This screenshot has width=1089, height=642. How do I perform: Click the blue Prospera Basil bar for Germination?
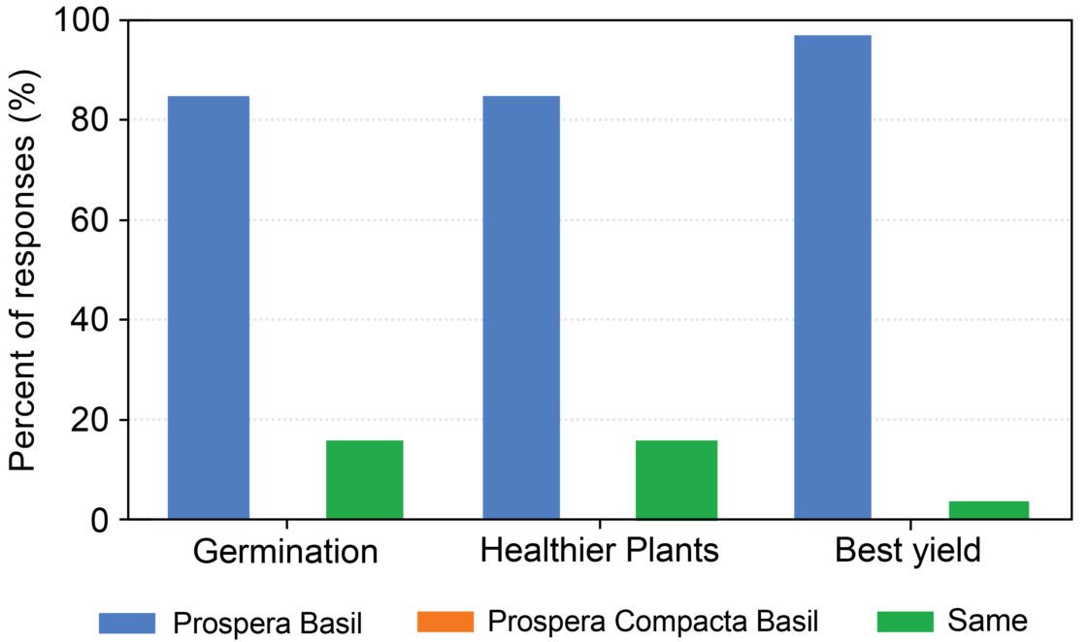(x=209, y=307)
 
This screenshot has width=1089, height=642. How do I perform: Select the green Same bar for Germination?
(x=364, y=480)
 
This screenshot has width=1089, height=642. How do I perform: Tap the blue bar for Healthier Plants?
(x=520, y=307)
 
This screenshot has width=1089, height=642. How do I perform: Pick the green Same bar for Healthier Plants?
(x=676, y=480)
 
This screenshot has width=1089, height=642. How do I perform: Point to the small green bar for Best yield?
(x=988, y=510)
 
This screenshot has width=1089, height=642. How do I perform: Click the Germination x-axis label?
(x=285, y=552)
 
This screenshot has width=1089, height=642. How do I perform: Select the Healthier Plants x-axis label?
(x=600, y=551)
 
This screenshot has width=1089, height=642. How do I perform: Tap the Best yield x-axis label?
(x=907, y=551)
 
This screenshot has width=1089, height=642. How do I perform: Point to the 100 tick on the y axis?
(x=88, y=20)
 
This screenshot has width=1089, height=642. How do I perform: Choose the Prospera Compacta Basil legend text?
(x=654, y=621)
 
